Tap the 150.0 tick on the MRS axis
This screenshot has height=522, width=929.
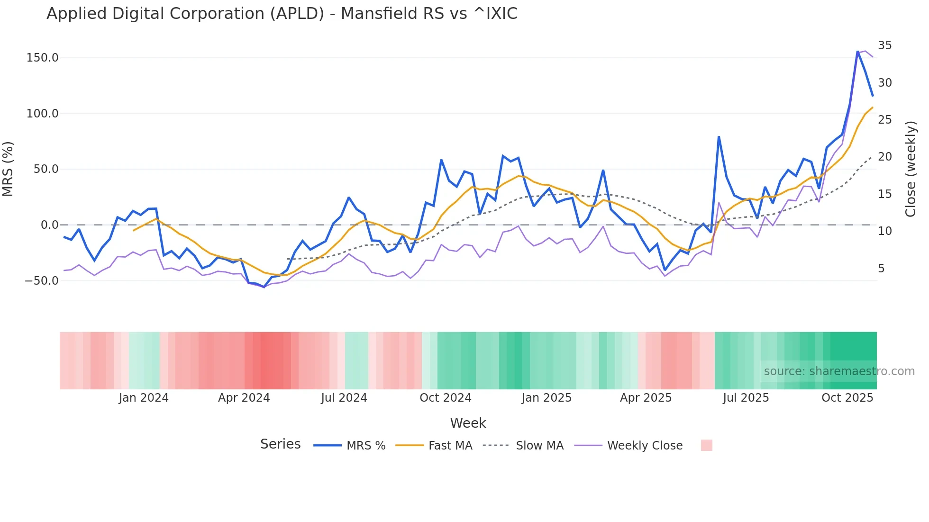(42, 58)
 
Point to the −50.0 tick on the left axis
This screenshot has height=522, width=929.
(42, 280)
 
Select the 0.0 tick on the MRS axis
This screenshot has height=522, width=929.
(49, 225)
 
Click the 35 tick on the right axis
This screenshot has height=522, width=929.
(884, 45)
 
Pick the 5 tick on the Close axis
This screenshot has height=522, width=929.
(881, 269)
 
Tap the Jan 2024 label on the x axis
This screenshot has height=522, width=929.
(143, 398)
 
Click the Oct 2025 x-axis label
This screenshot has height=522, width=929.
(847, 398)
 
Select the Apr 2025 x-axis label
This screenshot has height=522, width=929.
(646, 398)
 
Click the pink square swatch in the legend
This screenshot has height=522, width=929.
(706, 445)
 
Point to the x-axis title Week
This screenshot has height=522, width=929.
(468, 423)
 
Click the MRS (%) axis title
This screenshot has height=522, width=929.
(8, 169)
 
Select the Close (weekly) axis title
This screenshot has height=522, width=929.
(911, 169)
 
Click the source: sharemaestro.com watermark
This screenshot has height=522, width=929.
(839, 371)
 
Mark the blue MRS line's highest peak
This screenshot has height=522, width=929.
(857, 51)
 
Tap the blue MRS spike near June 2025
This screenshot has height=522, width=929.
(719, 137)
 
